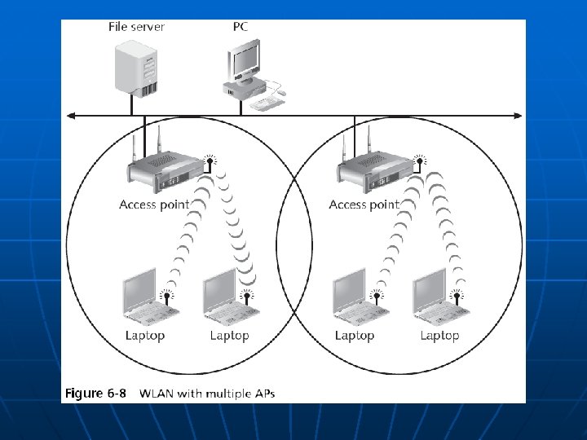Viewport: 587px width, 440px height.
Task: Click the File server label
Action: coord(136,27)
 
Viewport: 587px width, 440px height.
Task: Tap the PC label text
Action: coord(241,27)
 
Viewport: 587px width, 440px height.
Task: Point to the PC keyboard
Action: coord(267,102)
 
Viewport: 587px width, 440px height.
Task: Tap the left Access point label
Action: coord(154,205)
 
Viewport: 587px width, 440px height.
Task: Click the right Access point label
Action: coord(364,205)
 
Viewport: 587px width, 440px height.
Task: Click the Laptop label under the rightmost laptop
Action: coord(439,335)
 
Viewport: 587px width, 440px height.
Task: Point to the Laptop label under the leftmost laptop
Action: coord(145,335)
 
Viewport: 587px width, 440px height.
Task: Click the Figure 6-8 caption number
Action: coord(95,394)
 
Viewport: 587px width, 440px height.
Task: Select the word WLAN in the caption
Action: coord(157,394)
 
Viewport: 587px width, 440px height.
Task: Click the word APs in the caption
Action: coord(263,394)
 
